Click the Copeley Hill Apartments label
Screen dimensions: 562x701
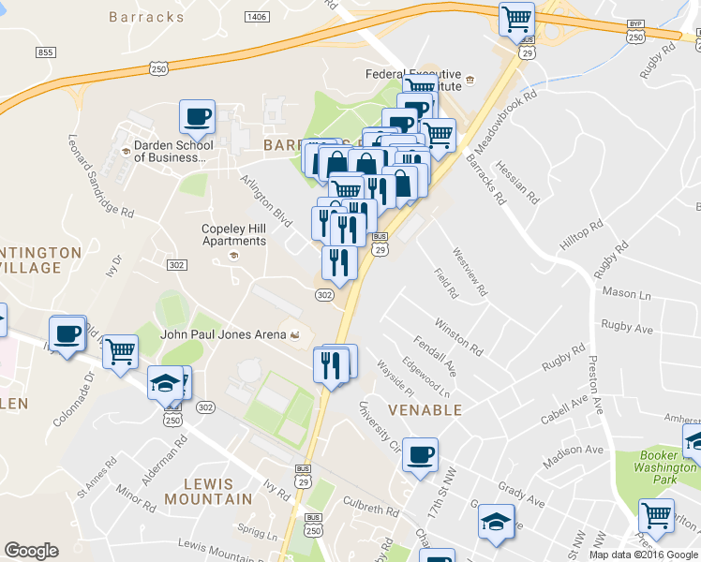click(234, 234)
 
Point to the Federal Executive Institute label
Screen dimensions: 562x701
click(413, 79)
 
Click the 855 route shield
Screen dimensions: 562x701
click(46, 52)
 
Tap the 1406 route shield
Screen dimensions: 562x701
click(255, 17)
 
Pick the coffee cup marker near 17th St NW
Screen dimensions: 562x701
click(421, 454)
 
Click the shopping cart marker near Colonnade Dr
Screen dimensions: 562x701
click(120, 352)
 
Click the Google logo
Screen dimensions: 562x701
click(31, 551)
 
